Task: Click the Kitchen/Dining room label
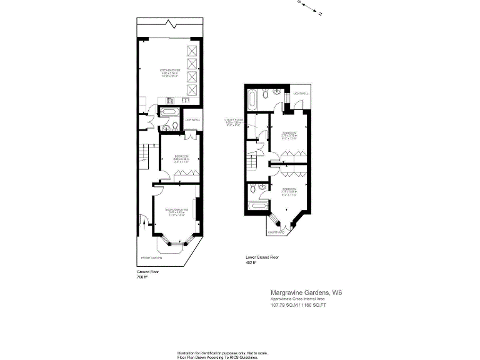click(x=170, y=69)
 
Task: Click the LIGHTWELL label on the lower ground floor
click(x=301, y=94)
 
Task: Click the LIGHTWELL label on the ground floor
click(x=192, y=119)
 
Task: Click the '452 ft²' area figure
click(x=251, y=262)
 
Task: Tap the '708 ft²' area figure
click(x=142, y=277)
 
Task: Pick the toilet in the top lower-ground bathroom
click(x=266, y=94)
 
